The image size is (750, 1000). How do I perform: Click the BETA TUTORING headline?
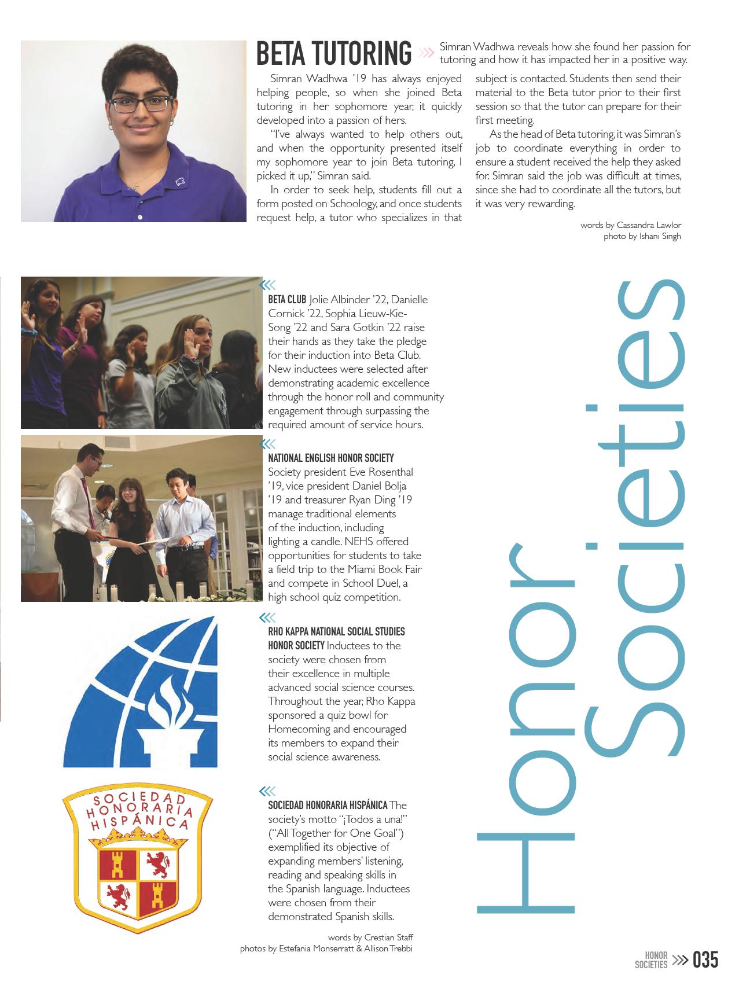click(334, 53)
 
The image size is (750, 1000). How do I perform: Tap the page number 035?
click(705, 960)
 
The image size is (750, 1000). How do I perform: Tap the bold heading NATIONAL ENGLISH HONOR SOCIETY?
click(331, 458)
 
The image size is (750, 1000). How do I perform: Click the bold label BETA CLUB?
click(287, 300)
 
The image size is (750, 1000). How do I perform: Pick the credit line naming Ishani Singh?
click(642, 236)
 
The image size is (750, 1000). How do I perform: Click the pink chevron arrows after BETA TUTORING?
click(426, 53)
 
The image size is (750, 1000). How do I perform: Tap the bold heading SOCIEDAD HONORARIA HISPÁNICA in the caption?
click(328, 805)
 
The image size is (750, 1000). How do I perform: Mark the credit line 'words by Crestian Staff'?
click(370, 937)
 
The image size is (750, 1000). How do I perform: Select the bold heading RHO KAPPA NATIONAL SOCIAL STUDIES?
click(336, 631)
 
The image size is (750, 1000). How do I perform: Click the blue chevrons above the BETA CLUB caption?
click(267, 284)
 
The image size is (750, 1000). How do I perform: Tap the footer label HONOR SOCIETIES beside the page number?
click(651, 960)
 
